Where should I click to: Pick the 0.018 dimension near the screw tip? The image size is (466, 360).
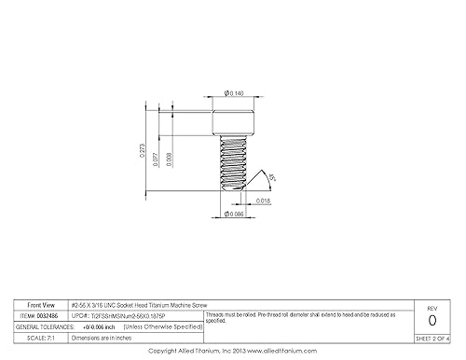[x=263, y=200]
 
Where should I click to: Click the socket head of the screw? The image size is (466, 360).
[x=233, y=120]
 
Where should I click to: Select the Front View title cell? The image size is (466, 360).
[x=42, y=305]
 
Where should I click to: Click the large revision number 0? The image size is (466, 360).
[x=430, y=320]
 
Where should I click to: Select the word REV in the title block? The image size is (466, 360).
[x=430, y=307]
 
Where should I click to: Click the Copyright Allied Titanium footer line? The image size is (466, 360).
[x=233, y=352]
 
